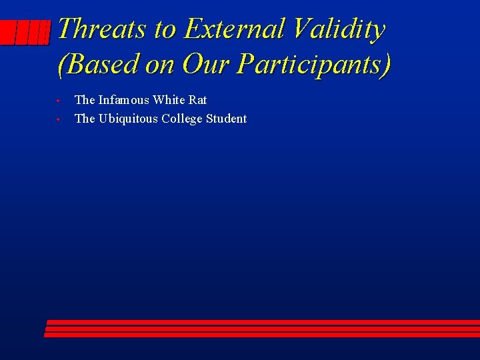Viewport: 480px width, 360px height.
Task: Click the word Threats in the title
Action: [x=101, y=29]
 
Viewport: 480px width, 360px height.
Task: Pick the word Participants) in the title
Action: [x=314, y=64]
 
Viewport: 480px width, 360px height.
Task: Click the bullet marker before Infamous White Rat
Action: [x=59, y=101]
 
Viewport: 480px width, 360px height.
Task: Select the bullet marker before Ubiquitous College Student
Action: [x=59, y=120]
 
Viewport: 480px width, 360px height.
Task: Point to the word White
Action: [x=169, y=100]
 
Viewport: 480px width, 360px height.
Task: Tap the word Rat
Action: [x=198, y=100]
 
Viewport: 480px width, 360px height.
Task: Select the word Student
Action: [x=227, y=119]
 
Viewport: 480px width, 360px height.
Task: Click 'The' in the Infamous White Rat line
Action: [x=85, y=100]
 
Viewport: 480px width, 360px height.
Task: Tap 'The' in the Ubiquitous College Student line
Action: [x=85, y=119]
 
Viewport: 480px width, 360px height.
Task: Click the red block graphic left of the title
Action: [x=25, y=32]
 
